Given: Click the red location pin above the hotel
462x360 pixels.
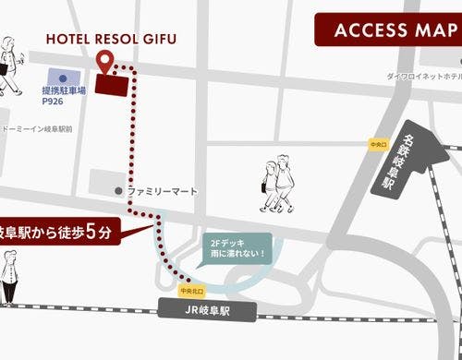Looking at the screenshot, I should pos(105,61).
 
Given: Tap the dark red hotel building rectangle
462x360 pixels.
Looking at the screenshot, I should pos(114,83).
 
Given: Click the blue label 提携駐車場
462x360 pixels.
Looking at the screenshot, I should pos(64,91).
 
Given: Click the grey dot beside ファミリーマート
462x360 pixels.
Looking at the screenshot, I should pos(118,190).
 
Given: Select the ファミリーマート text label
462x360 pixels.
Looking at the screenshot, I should pos(163,190).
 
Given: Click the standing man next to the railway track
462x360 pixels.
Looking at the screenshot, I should pos(9,277).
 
